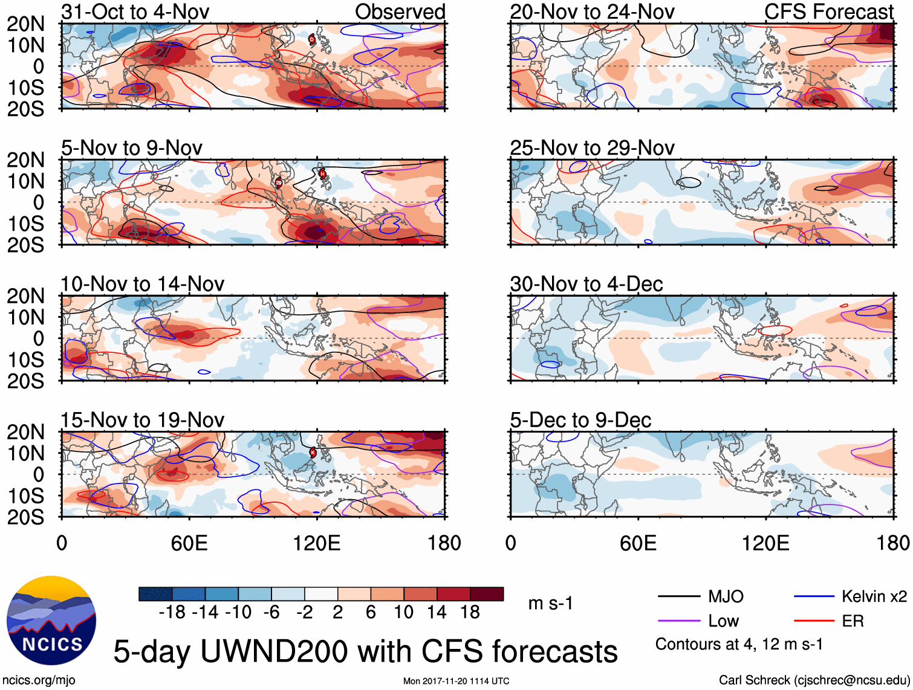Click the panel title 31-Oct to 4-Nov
[x=135, y=11]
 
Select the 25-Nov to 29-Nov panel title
[x=592, y=148]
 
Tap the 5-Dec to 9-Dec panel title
[x=580, y=420]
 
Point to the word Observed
[x=400, y=11]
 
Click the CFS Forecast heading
[x=829, y=11]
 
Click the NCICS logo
[x=51, y=621]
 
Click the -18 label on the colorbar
[x=172, y=613]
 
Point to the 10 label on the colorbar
[x=403, y=613]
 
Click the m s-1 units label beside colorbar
[x=550, y=604]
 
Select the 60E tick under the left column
[x=189, y=543]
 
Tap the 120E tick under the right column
[x=765, y=543]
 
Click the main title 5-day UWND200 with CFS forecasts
[x=365, y=651]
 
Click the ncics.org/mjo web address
[x=39, y=680]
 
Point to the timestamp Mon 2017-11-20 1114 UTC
[x=456, y=681]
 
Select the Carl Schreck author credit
[x=813, y=680]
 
